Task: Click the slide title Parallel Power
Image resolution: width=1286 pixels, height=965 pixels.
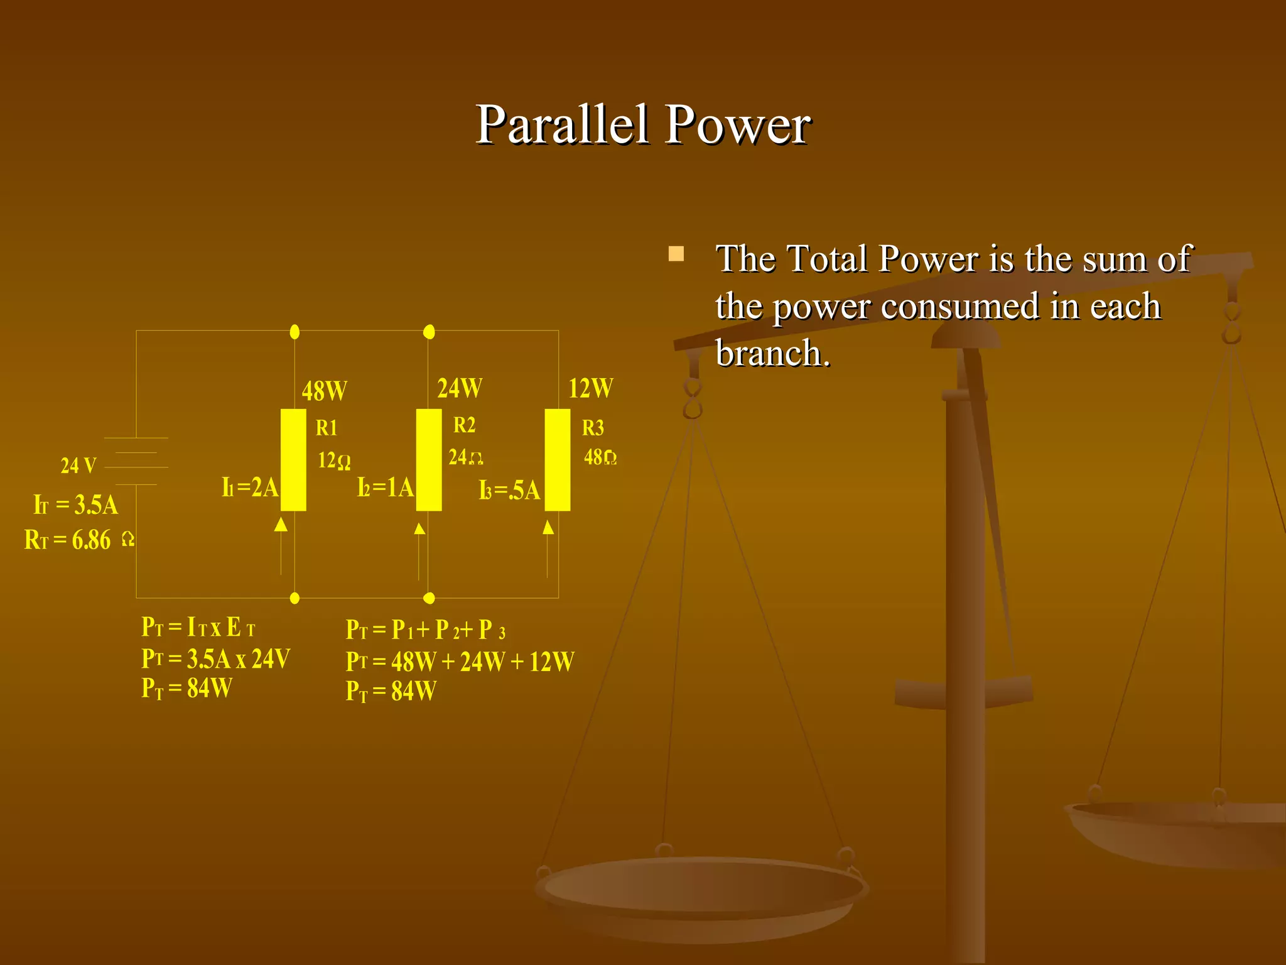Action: click(643, 124)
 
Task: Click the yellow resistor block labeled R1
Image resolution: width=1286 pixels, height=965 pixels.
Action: click(293, 459)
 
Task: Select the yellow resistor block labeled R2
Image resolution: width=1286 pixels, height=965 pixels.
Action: click(429, 459)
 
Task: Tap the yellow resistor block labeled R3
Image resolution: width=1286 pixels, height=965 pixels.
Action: click(557, 459)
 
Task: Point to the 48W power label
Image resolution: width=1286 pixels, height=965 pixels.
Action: click(324, 391)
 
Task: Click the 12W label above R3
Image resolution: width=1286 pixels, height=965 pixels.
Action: click(590, 388)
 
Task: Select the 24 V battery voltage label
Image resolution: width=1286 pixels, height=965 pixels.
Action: click(78, 466)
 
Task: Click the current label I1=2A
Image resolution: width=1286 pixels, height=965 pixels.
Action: click(250, 487)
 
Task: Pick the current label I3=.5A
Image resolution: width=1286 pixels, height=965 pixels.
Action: click(509, 490)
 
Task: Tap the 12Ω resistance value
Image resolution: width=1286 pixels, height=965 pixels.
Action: click(334, 461)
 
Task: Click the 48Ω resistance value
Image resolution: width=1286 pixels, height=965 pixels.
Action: click(600, 457)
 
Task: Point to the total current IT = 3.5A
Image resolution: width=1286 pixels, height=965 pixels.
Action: click(76, 504)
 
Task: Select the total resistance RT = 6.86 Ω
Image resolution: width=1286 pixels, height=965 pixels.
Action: click(78, 540)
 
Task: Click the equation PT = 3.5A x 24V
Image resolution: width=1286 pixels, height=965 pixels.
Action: click(215, 658)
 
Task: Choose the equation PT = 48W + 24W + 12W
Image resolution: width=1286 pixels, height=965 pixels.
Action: click(460, 662)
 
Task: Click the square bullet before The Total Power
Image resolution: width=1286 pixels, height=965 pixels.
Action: click(676, 254)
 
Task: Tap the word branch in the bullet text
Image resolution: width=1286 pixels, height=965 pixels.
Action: click(772, 353)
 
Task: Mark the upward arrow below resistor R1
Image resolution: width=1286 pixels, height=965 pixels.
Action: click(281, 525)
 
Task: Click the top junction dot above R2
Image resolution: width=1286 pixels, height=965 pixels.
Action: click(429, 332)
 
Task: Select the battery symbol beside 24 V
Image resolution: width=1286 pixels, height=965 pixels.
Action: click(136, 461)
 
